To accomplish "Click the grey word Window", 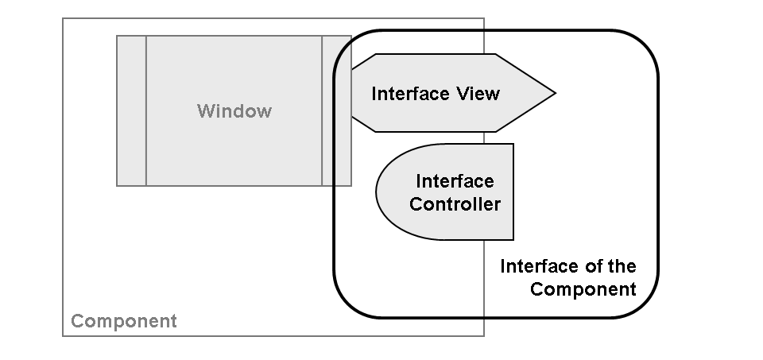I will [x=234, y=110].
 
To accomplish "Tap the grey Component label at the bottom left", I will [x=123, y=322].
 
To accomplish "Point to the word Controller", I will [x=455, y=204].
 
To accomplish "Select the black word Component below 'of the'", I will [x=583, y=288].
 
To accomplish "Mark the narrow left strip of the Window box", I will [x=131, y=110].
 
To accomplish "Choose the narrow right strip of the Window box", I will [x=336, y=110].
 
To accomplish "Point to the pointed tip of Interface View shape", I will [x=554, y=94].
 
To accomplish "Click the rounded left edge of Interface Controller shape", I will [x=377, y=192].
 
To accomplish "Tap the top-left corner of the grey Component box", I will [x=64, y=19].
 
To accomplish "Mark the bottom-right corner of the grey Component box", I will [x=483, y=335].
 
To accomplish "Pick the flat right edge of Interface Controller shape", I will [x=513, y=192].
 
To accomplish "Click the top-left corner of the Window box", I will [x=118, y=36].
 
